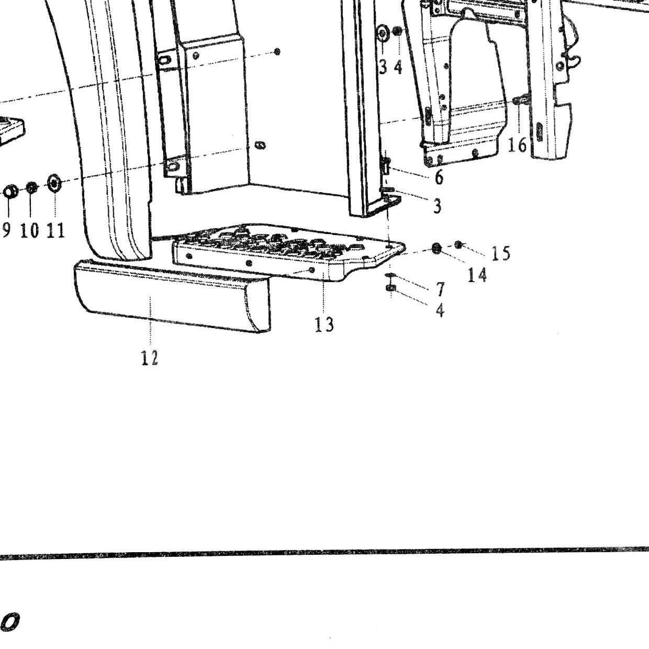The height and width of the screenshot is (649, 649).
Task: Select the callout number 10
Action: (x=30, y=230)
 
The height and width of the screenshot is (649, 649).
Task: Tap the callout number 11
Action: (x=55, y=230)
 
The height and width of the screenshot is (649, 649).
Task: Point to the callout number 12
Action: (x=150, y=357)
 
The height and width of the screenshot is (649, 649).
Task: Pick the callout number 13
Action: (x=324, y=324)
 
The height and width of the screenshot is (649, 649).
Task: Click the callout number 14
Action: (x=477, y=274)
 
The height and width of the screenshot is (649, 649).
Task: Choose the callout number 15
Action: (x=501, y=253)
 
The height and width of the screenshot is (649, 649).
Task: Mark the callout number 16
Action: (x=517, y=145)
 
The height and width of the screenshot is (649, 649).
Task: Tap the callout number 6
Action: (x=439, y=177)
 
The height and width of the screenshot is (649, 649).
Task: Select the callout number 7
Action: (x=440, y=289)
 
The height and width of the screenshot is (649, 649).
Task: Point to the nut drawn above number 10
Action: (x=31, y=187)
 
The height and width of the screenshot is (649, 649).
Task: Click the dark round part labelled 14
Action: (x=437, y=249)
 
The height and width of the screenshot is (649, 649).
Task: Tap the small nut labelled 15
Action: (x=458, y=245)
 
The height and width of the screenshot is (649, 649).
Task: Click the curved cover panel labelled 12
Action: (x=172, y=296)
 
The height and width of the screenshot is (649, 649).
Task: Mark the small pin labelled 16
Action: (x=518, y=100)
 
